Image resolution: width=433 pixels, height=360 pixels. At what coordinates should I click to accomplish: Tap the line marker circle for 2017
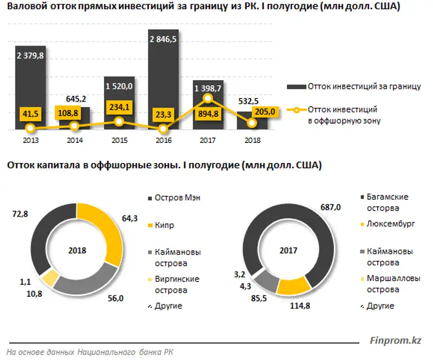[x=207, y=99]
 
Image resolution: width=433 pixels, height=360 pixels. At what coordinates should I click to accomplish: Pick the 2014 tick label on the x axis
[x=75, y=140]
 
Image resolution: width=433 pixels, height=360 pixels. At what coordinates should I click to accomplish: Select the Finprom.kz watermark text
[x=395, y=341]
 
